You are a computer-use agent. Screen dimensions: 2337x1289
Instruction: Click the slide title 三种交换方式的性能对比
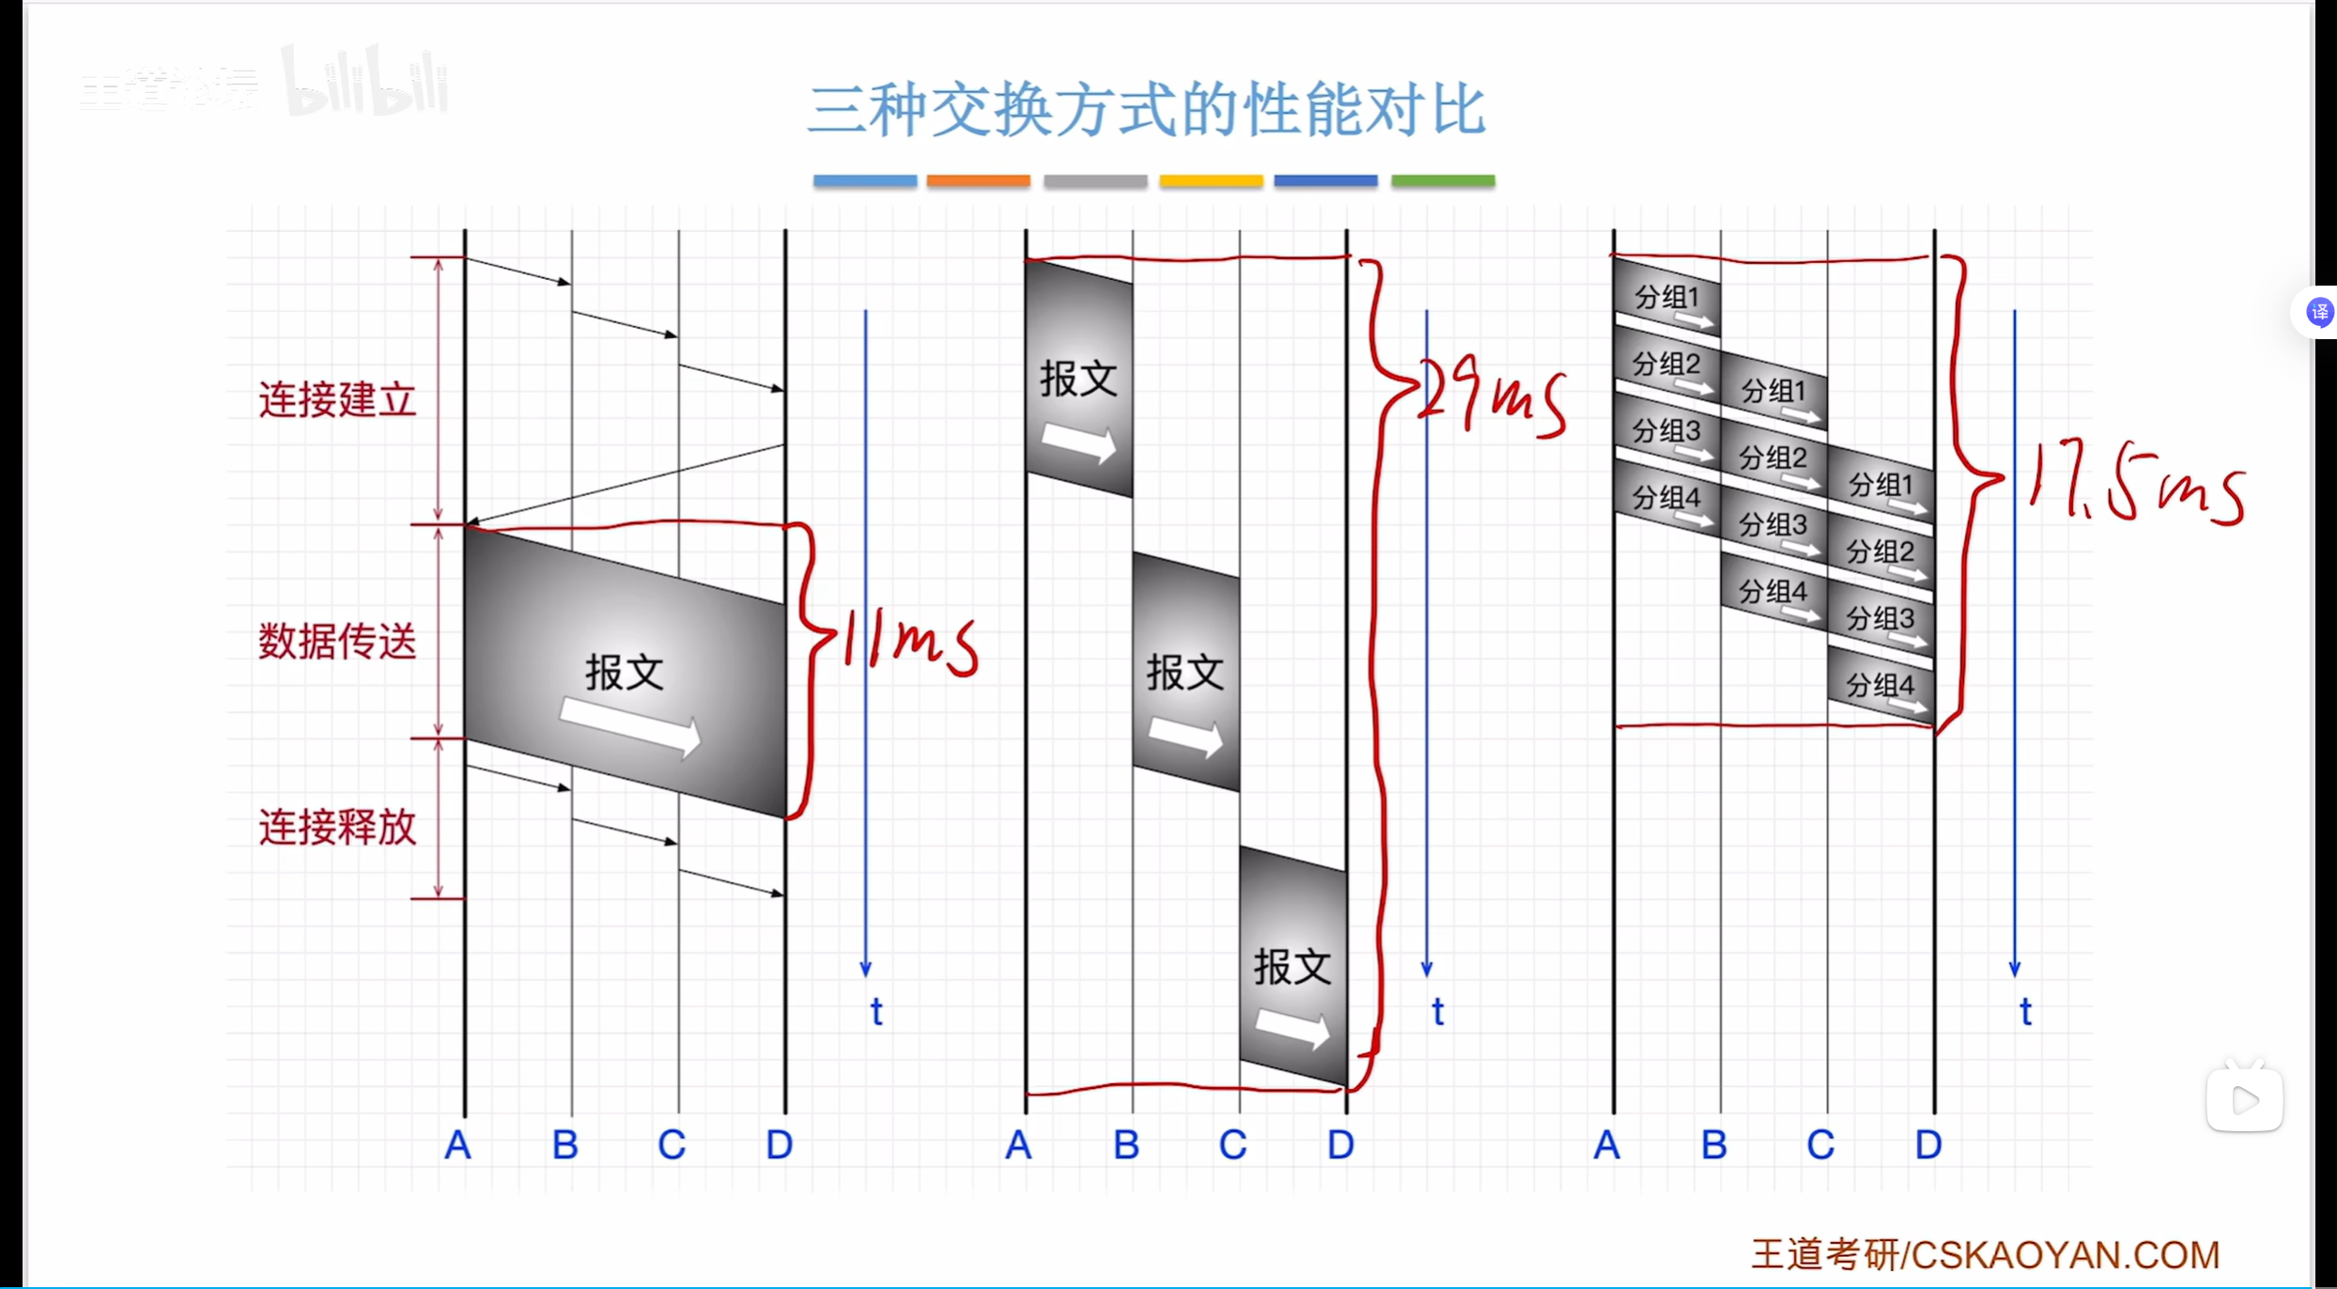click(x=1147, y=111)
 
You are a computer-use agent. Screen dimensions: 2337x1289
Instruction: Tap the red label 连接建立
click(x=337, y=400)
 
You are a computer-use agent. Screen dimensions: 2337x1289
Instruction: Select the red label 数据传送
click(x=337, y=642)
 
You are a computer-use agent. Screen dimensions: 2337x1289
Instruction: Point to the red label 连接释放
click(x=337, y=828)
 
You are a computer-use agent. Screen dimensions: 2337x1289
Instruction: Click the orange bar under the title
click(x=978, y=180)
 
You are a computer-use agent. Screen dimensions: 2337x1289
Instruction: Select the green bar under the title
click(x=1443, y=180)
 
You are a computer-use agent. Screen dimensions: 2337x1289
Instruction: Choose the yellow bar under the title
click(x=1211, y=180)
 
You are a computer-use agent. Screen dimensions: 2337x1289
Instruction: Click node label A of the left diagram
click(x=457, y=1145)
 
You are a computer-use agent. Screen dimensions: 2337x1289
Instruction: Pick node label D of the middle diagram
click(x=1340, y=1145)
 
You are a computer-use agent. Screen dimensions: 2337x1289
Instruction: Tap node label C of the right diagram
click(x=1820, y=1145)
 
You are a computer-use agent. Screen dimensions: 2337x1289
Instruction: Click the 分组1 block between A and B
click(x=1667, y=298)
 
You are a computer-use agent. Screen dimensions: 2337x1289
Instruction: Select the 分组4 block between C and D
click(x=1880, y=686)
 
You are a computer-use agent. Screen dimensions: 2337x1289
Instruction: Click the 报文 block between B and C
click(x=1185, y=673)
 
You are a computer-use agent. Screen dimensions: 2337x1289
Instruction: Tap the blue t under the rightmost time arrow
click(x=2025, y=1012)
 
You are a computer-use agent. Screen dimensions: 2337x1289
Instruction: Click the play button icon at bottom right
click(x=2244, y=1099)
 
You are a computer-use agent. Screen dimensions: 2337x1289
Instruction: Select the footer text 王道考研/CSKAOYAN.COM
click(x=1985, y=1254)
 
